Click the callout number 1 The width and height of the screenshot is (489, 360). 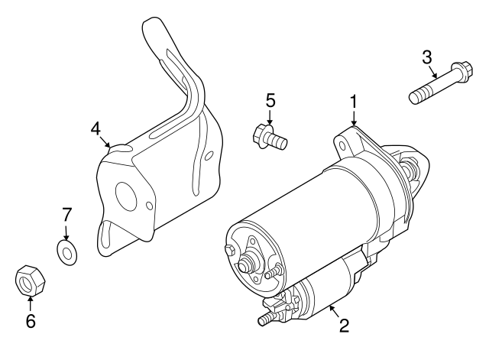tap(354, 100)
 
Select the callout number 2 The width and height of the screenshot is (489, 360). tap(343, 326)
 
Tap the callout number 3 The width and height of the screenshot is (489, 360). tap(427, 56)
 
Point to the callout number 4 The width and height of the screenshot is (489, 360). tap(96, 128)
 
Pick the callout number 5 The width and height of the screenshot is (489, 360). tap(270, 100)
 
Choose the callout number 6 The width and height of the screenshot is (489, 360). tap(31, 322)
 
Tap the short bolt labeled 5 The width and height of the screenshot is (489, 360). tap(267, 138)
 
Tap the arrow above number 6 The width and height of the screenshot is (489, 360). tap(31, 303)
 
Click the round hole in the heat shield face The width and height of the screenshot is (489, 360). tap(145, 205)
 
